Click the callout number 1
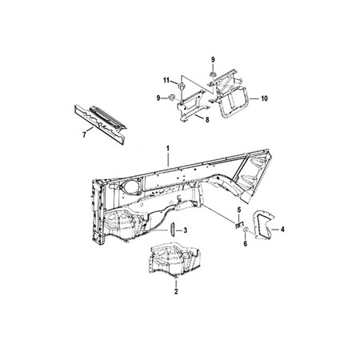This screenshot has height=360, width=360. click(x=168, y=149)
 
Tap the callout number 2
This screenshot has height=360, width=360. click(x=176, y=291)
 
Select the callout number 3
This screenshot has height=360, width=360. click(x=186, y=230)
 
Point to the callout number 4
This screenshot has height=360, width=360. click(x=282, y=229)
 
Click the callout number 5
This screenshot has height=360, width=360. click(x=239, y=210)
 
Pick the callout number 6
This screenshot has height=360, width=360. click(x=246, y=243)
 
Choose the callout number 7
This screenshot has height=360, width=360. click(x=84, y=135)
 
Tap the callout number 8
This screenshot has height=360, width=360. click(x=207, y=120)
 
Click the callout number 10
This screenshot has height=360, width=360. click(x=264, y=98)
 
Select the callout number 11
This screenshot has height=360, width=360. click(x=166, y=80)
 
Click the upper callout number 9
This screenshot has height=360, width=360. click(x=213, y=60)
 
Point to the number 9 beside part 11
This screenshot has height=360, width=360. click(x=158, y=98)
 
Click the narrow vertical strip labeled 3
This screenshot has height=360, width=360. click(x=172, y=230)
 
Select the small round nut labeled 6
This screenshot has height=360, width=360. click(x=246, y=230)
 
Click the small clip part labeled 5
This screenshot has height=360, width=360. click(x=239, y=224)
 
